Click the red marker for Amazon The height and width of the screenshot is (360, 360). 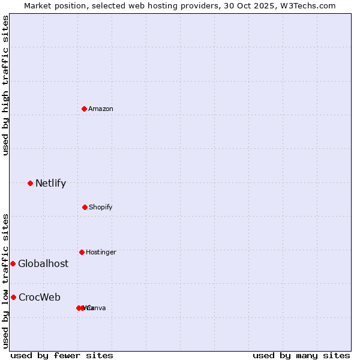click(x=84, y=109)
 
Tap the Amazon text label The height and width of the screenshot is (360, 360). click(x=101, y=109)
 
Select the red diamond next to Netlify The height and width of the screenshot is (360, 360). click(x=30, y=183)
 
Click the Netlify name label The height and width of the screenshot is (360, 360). click(x=50, y=184)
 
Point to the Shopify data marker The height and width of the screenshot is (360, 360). click(x=85, y=207)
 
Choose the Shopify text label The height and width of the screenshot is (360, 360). click(x=101, y=208)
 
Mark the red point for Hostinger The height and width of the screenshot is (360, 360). click(x=82, y=252)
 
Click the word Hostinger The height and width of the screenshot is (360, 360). click(x=101, y=253)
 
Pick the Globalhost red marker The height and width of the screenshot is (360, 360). click(x=13, y=263)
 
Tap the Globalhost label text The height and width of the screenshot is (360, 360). click(x=43, y=264)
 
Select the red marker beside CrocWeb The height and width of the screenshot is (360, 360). click(x=13, y=297)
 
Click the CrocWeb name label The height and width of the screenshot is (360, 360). click(x=40, y=298)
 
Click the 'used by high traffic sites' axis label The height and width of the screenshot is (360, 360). click(x=5, y=85)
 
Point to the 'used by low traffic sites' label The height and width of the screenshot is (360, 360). click(x=5, y=281)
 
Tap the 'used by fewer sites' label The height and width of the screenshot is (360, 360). click(x=62, y=355)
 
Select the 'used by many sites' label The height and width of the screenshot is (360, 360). click(x=301, y=355)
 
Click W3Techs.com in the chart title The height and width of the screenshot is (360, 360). click(x=308, y=5)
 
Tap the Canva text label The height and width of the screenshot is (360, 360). click(x=97, y=308)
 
